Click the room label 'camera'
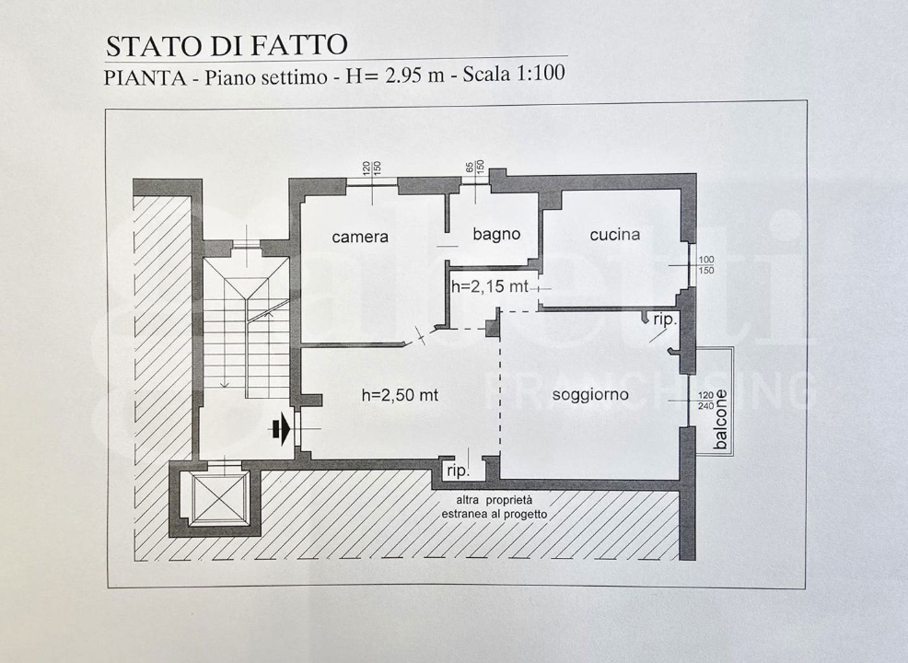point(360,237)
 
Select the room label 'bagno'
point(496,234)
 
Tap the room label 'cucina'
point(614,235)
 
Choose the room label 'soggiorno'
point(590,395)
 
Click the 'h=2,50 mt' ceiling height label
point(399,396)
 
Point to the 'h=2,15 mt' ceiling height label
point(489,286)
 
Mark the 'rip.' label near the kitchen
point(665,320)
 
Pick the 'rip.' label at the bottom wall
point(458,470)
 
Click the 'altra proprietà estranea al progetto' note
point(494,506)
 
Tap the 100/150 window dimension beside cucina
point(706,265)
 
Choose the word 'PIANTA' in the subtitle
point(142,77)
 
